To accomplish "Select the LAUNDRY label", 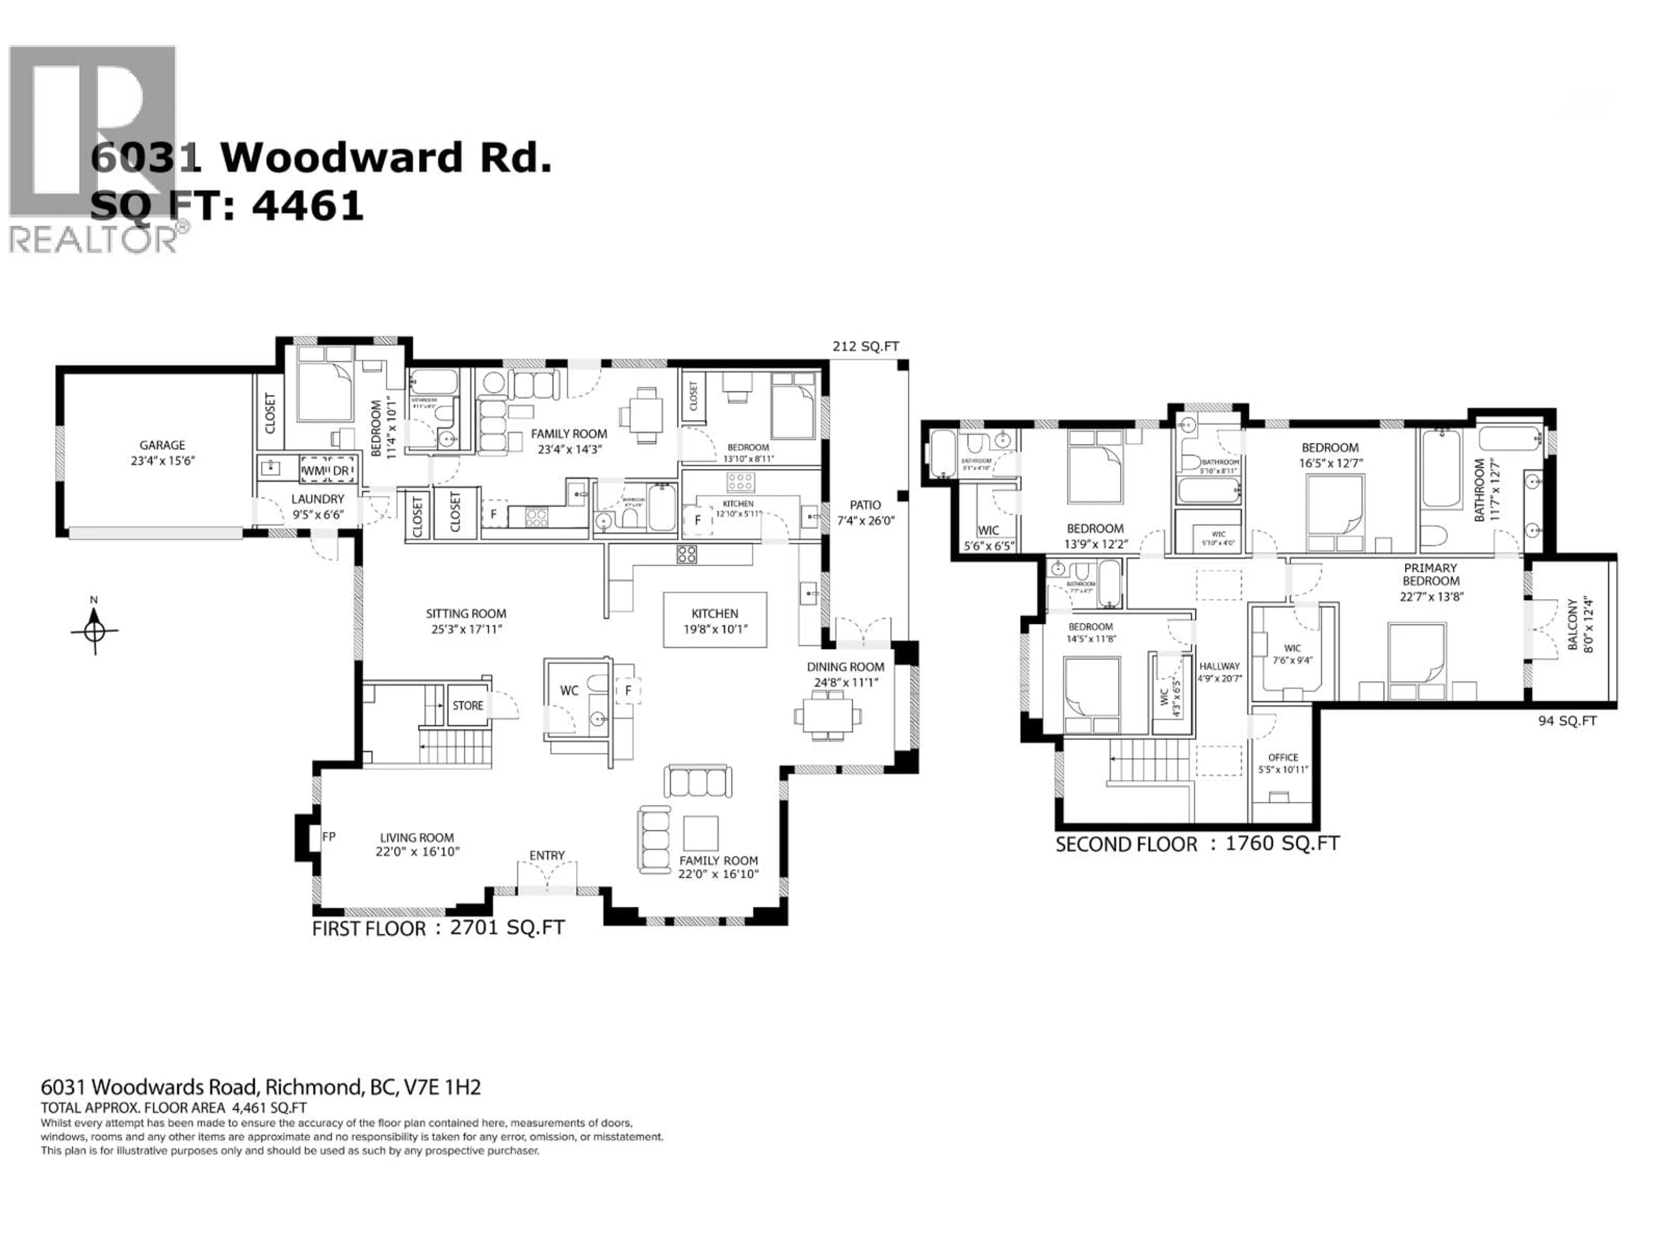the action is (318, 499).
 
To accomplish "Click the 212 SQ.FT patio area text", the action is (865, 347).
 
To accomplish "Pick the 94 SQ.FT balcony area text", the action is (1567, 721).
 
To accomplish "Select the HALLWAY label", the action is (1219, 666).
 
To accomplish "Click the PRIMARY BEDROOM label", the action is (1430, 574).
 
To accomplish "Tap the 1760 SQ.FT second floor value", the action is (1282, 843).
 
